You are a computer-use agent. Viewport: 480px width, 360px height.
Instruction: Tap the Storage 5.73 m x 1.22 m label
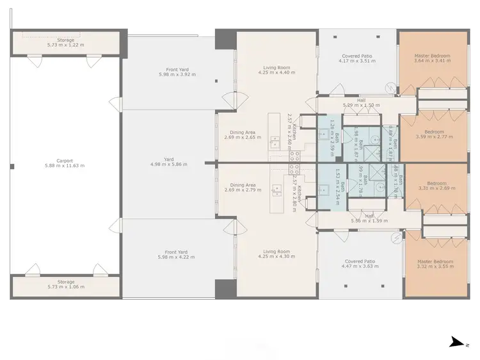66,43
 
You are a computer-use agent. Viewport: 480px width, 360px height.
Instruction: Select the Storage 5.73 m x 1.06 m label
66,284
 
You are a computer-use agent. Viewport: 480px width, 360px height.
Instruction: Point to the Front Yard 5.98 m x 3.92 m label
169,72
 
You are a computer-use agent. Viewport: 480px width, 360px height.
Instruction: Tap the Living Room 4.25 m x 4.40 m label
276,70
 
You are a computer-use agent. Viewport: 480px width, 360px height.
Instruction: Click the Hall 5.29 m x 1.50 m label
361,102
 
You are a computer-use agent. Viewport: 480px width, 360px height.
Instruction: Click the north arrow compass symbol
458,343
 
